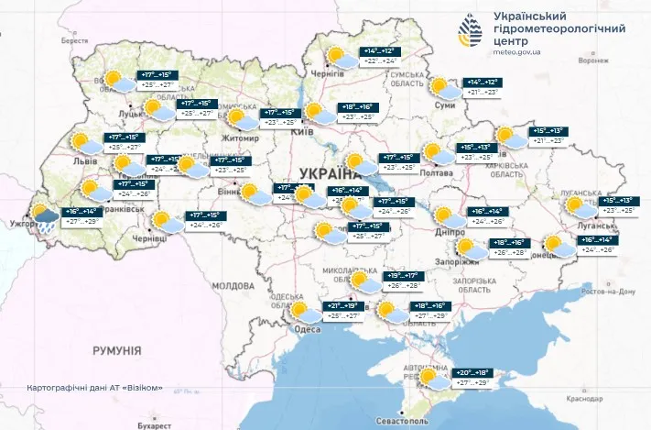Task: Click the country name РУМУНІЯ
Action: point(116,351)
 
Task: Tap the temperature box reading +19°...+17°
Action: point(403,275)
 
